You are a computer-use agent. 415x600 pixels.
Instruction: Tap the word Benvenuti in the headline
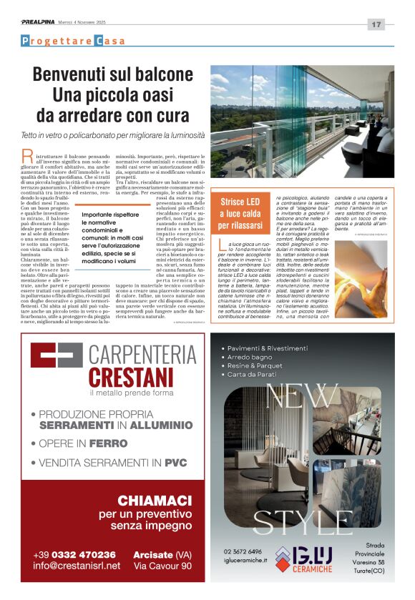(x=74, y=75)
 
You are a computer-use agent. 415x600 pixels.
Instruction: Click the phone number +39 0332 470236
(x=74, y=554)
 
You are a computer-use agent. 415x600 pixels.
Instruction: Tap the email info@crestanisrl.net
(x=77, y=566)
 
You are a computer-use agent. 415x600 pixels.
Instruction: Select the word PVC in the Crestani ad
(x=175, y=463)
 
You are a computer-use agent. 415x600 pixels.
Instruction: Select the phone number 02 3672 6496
(x=243, y=551)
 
